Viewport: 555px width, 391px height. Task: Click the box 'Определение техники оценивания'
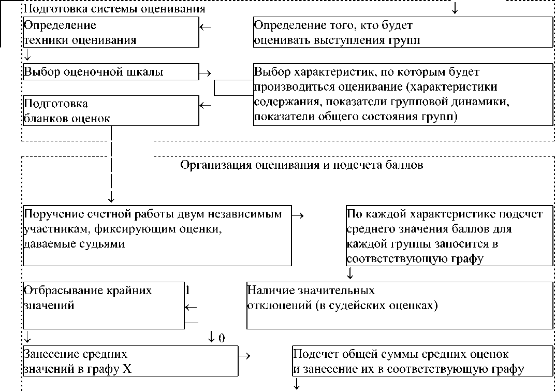point(111,32)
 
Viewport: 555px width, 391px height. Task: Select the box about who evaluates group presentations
point(403,32)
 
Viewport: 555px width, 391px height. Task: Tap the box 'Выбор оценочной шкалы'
point(111,72)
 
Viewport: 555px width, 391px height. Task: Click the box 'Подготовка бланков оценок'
point(111,110)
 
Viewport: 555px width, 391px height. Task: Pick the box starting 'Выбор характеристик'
point(403,94)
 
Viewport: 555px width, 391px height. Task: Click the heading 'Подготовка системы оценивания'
point(114,9)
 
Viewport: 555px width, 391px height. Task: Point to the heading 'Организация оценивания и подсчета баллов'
point(302,166)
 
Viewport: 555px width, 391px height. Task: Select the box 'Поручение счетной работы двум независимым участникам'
point(157,236)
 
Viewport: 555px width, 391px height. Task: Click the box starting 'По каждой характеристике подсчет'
point(449,236)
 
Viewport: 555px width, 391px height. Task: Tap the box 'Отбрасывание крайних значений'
point(104,305)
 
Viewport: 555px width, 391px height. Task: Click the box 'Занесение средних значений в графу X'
point(130,362)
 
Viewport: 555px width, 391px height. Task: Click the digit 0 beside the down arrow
point(222,339)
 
